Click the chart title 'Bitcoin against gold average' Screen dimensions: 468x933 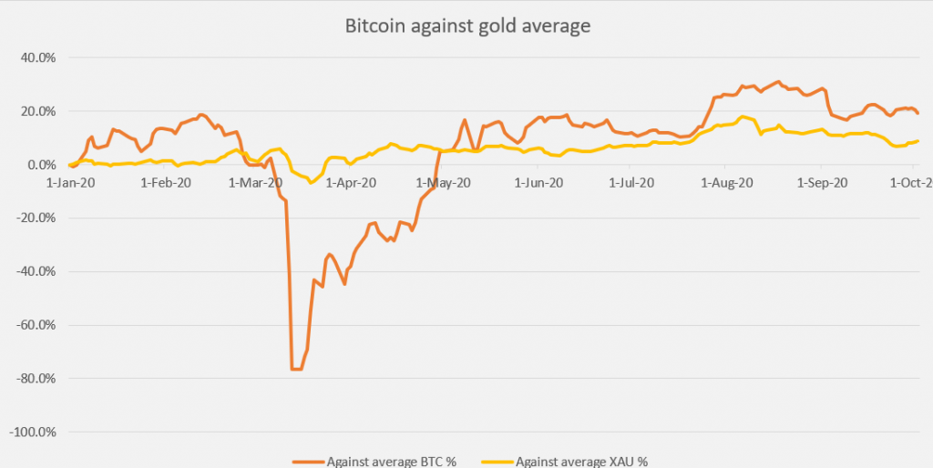[467, 26]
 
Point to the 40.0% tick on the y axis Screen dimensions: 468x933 [37, 57]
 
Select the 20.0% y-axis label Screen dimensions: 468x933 [37, 111]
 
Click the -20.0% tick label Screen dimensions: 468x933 [36, 218]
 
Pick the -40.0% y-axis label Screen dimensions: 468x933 [36, 271]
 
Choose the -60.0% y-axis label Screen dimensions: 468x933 [36, 325]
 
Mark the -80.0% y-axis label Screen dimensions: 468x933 [36, 379]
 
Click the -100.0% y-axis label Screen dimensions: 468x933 [33, 432]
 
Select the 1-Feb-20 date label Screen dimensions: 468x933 [167, 183]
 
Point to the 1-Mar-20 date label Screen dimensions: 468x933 [258, 183]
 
